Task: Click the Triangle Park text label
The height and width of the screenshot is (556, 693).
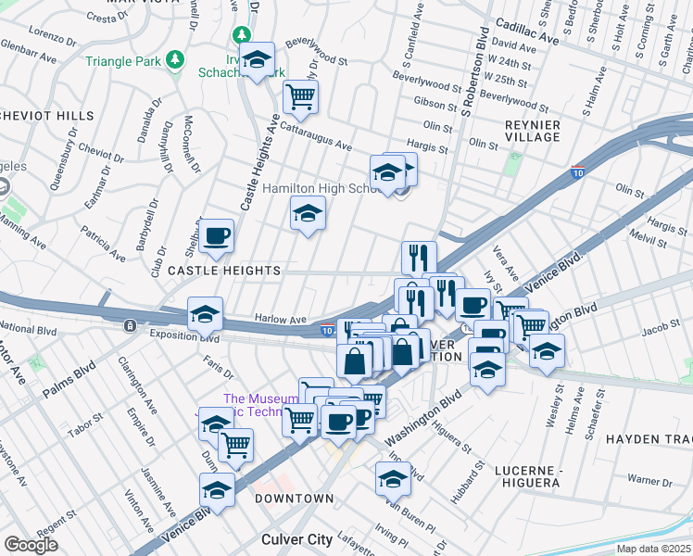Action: (124, 62)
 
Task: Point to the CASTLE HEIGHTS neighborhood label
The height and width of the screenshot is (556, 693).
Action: (224, 271)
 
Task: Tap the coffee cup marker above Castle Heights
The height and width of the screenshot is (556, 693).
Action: (217, 236)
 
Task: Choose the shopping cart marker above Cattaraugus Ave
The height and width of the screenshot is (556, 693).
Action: (300, 95)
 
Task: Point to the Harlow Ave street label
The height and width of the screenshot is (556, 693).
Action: (281, 320)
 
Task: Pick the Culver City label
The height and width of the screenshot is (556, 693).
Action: (296, 539)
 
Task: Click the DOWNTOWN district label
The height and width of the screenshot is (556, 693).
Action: (294, 499)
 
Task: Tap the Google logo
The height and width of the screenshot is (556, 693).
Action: (31, 545)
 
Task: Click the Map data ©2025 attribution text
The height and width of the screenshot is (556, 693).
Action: (652, 549)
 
